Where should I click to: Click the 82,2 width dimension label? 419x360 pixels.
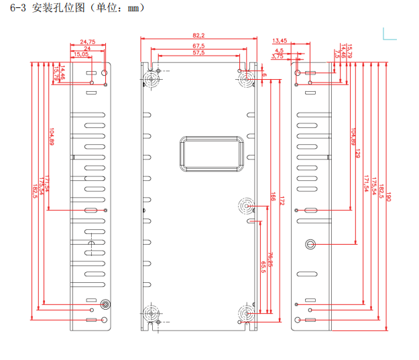pos(198,35)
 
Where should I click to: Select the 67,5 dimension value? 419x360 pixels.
pos(198,45)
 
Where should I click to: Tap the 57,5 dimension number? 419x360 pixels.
pos(198,52)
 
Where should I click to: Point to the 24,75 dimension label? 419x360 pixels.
pos(88,42)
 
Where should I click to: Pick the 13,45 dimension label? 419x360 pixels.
pos(280,41)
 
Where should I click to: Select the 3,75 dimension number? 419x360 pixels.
pos(278,56)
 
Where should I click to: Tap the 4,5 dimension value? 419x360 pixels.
pos(279,50)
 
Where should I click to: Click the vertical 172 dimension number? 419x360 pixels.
pos(282,200)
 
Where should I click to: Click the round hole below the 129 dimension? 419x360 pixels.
pos(310,244)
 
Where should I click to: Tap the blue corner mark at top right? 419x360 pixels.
pos(387,32)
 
